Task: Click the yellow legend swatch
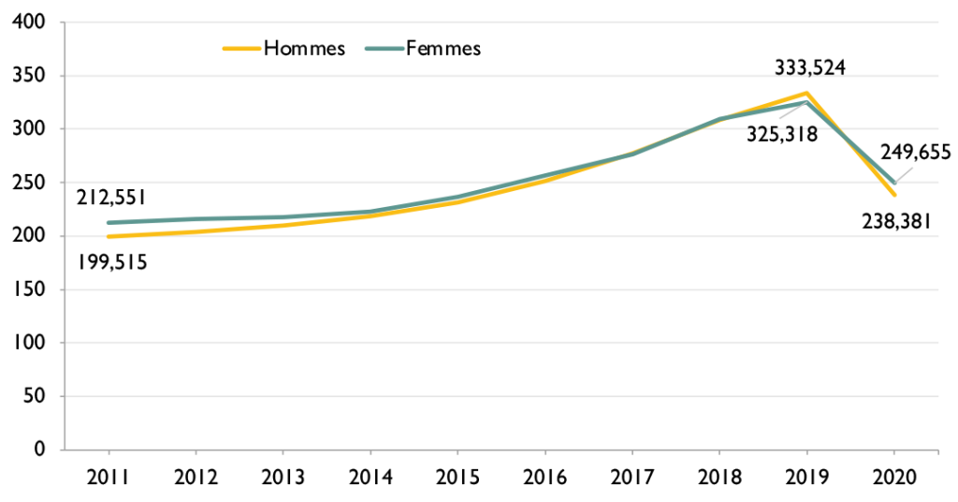click(x=241, y=49)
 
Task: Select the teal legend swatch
click(x=385, y=49)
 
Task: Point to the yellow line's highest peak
click(x=806, y=93)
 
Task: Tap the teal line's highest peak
click(x=806, y=102)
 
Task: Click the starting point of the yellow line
click(x=109, y=236)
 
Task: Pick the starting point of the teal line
click(x=109, y=223)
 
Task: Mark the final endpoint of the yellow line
click(x=894, y=194)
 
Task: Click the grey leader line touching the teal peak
click(x=791, y=111)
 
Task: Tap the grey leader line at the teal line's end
click(x=905, y=174)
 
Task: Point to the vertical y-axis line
click(x=65, y=234)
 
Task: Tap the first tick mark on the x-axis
click(x=109, y=453)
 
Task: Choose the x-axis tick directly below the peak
click(x=806, y=453)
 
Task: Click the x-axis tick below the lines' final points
click(x=893, y=453)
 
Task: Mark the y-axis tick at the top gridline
click(x=62, y=22)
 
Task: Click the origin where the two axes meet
click(x=65, y=450)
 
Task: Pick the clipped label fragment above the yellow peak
click(x=809, y=72)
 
